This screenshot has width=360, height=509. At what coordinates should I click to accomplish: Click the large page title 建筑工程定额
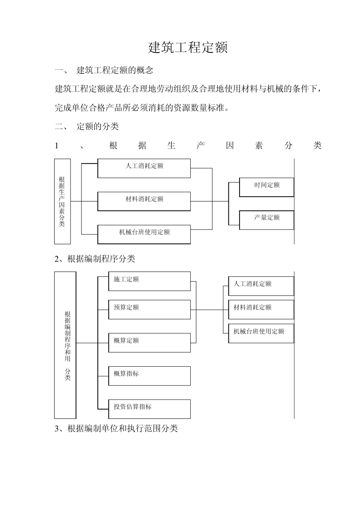point(188,48)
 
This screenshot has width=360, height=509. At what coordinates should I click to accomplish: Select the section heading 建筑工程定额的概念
point(115,70)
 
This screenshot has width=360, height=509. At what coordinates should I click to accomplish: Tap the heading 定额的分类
point(98,126)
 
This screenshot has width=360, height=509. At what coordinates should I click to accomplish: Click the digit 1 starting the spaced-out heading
point(57,145)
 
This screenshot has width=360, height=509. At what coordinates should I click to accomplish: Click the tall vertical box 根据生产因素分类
point(63,201)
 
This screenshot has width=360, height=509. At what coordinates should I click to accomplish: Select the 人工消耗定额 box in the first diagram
point(144,168)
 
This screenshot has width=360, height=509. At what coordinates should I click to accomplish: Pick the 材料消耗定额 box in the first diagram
point(144,201)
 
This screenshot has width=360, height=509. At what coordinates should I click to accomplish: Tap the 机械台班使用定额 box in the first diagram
point(144,234)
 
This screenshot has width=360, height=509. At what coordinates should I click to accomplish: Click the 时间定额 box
point(266,187)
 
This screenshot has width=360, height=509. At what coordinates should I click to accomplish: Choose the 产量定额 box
point(266,220)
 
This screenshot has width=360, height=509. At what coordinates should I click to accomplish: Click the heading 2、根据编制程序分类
point(95,259)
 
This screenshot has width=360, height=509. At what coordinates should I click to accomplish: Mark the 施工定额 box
point(149,281)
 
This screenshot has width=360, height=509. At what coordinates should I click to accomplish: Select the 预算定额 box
point(149,309)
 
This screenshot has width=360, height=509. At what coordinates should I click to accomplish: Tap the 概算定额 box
point(149,342)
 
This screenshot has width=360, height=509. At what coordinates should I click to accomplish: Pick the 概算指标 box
point(149,376)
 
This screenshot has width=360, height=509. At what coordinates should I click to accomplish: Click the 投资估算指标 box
point(149,409)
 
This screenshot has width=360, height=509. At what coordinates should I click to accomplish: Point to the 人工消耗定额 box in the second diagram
point(261,286)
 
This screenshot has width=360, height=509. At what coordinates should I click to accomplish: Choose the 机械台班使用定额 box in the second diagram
point(261,333)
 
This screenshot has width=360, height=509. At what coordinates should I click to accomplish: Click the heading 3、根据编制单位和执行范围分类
point(116,428)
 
